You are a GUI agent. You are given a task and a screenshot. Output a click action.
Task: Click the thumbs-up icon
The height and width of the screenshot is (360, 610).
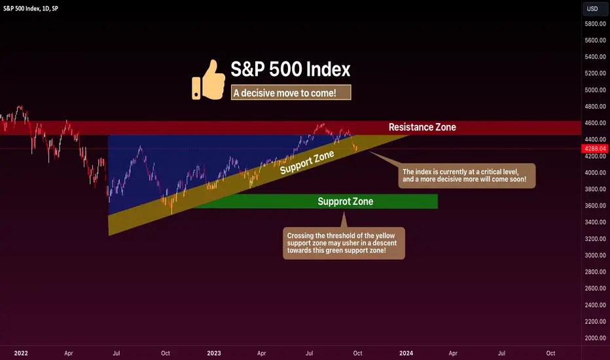(209, 80)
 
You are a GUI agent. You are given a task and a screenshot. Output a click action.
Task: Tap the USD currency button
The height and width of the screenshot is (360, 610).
(592, 9)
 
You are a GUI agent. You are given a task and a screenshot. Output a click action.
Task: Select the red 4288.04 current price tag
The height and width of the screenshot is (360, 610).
(595, 149)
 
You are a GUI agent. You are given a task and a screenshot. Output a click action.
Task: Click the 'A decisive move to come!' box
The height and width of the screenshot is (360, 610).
(291, 93)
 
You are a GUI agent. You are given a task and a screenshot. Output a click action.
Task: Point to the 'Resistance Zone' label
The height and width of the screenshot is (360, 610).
(422, 127)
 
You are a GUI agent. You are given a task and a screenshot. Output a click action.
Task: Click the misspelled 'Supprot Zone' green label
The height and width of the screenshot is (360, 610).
(346, 201)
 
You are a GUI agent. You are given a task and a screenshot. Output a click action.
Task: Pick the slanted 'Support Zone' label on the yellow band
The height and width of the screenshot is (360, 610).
(307, 162)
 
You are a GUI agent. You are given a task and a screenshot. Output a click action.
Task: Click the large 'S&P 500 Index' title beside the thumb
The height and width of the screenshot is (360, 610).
(291, 69)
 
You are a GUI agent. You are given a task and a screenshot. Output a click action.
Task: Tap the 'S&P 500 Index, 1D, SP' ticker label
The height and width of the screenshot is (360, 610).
(31, 8)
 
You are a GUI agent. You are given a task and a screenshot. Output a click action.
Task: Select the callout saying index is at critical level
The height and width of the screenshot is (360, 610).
(467, 175)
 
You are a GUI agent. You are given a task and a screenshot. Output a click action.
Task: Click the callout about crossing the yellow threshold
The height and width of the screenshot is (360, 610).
(344, 243)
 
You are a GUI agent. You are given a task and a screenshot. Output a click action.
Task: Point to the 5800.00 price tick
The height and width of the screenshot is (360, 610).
(595, 24)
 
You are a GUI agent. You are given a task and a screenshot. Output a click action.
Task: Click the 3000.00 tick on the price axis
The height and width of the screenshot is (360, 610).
(595, 255)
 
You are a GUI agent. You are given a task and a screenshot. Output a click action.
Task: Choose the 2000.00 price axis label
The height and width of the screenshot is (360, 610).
(595, 338)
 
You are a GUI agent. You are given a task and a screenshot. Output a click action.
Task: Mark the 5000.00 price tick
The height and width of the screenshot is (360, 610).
(595, 90)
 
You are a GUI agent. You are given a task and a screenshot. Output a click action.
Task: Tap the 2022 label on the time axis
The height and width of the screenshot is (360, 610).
(21, 353)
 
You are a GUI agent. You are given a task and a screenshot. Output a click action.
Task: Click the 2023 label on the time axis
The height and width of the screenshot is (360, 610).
(214, 353)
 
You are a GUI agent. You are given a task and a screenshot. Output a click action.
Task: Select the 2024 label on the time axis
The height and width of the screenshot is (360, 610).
(406, 353)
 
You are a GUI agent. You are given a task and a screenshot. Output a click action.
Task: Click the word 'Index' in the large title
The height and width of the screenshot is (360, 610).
(329, 69)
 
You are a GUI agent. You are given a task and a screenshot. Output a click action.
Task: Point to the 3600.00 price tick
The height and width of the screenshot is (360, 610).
(595, 206)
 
